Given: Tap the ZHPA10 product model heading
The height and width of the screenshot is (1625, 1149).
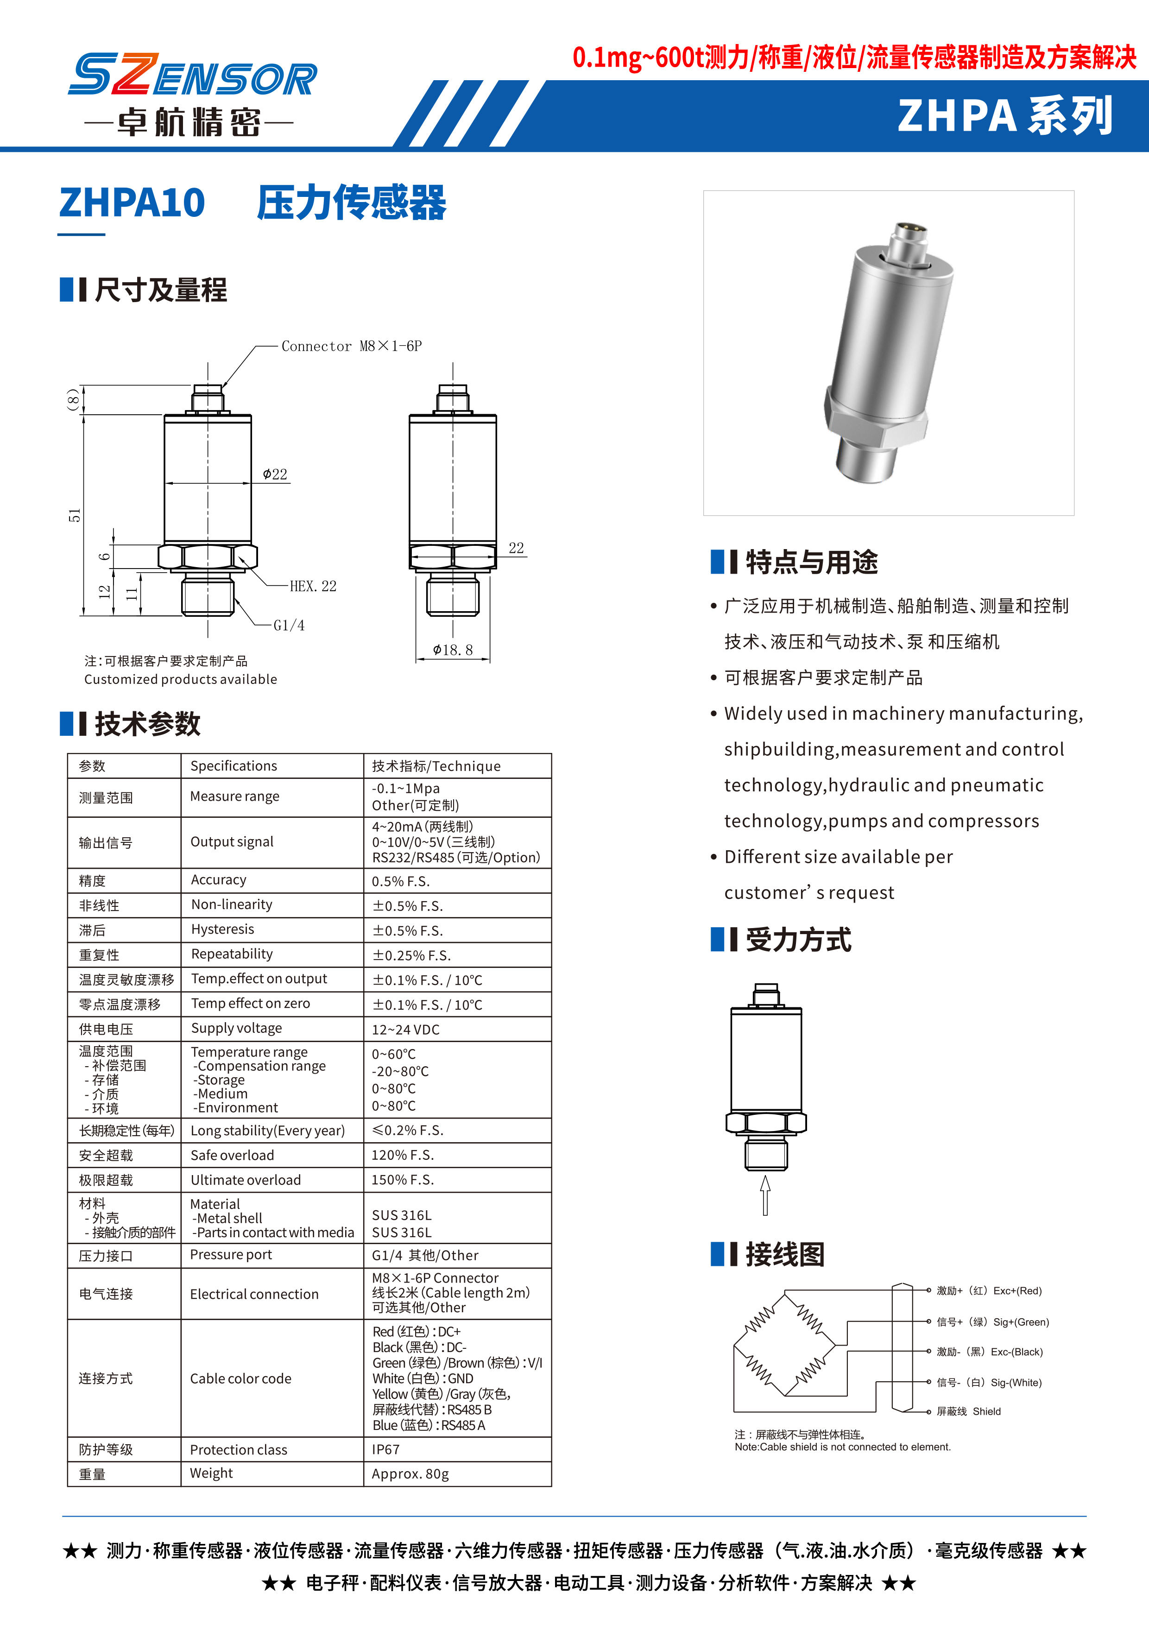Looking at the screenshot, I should point(133,203).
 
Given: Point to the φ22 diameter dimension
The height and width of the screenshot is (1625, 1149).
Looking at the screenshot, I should point(275,474).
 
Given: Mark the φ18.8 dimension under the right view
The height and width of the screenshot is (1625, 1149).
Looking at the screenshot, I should point(453,650).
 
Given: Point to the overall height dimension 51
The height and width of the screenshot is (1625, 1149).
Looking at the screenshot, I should point(74,515).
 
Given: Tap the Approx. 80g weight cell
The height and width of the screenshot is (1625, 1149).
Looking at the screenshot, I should point(410,1474).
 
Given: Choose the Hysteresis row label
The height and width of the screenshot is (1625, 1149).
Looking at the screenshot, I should point(222,929).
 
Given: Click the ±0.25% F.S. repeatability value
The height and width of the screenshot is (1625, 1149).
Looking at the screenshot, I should point(412,955).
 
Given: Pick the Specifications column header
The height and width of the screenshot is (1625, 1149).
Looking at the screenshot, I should point(234,766).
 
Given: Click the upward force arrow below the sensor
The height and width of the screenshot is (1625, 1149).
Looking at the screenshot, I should point(765,1195).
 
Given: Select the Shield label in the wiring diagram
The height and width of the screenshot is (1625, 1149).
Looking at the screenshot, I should point(986,1411).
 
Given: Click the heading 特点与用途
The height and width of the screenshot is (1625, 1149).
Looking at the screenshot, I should point(812,563).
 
